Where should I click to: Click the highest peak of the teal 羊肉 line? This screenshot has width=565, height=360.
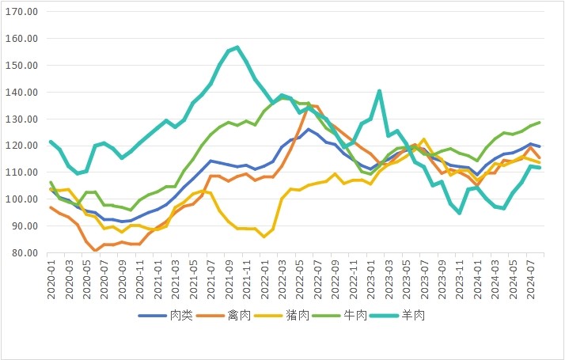pos(238,47)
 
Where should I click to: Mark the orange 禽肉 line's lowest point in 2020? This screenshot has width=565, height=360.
pos(96,250)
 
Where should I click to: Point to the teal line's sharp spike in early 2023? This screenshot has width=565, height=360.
pos(380,91)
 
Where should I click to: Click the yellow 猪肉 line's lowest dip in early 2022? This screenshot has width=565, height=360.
pos(264,237)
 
